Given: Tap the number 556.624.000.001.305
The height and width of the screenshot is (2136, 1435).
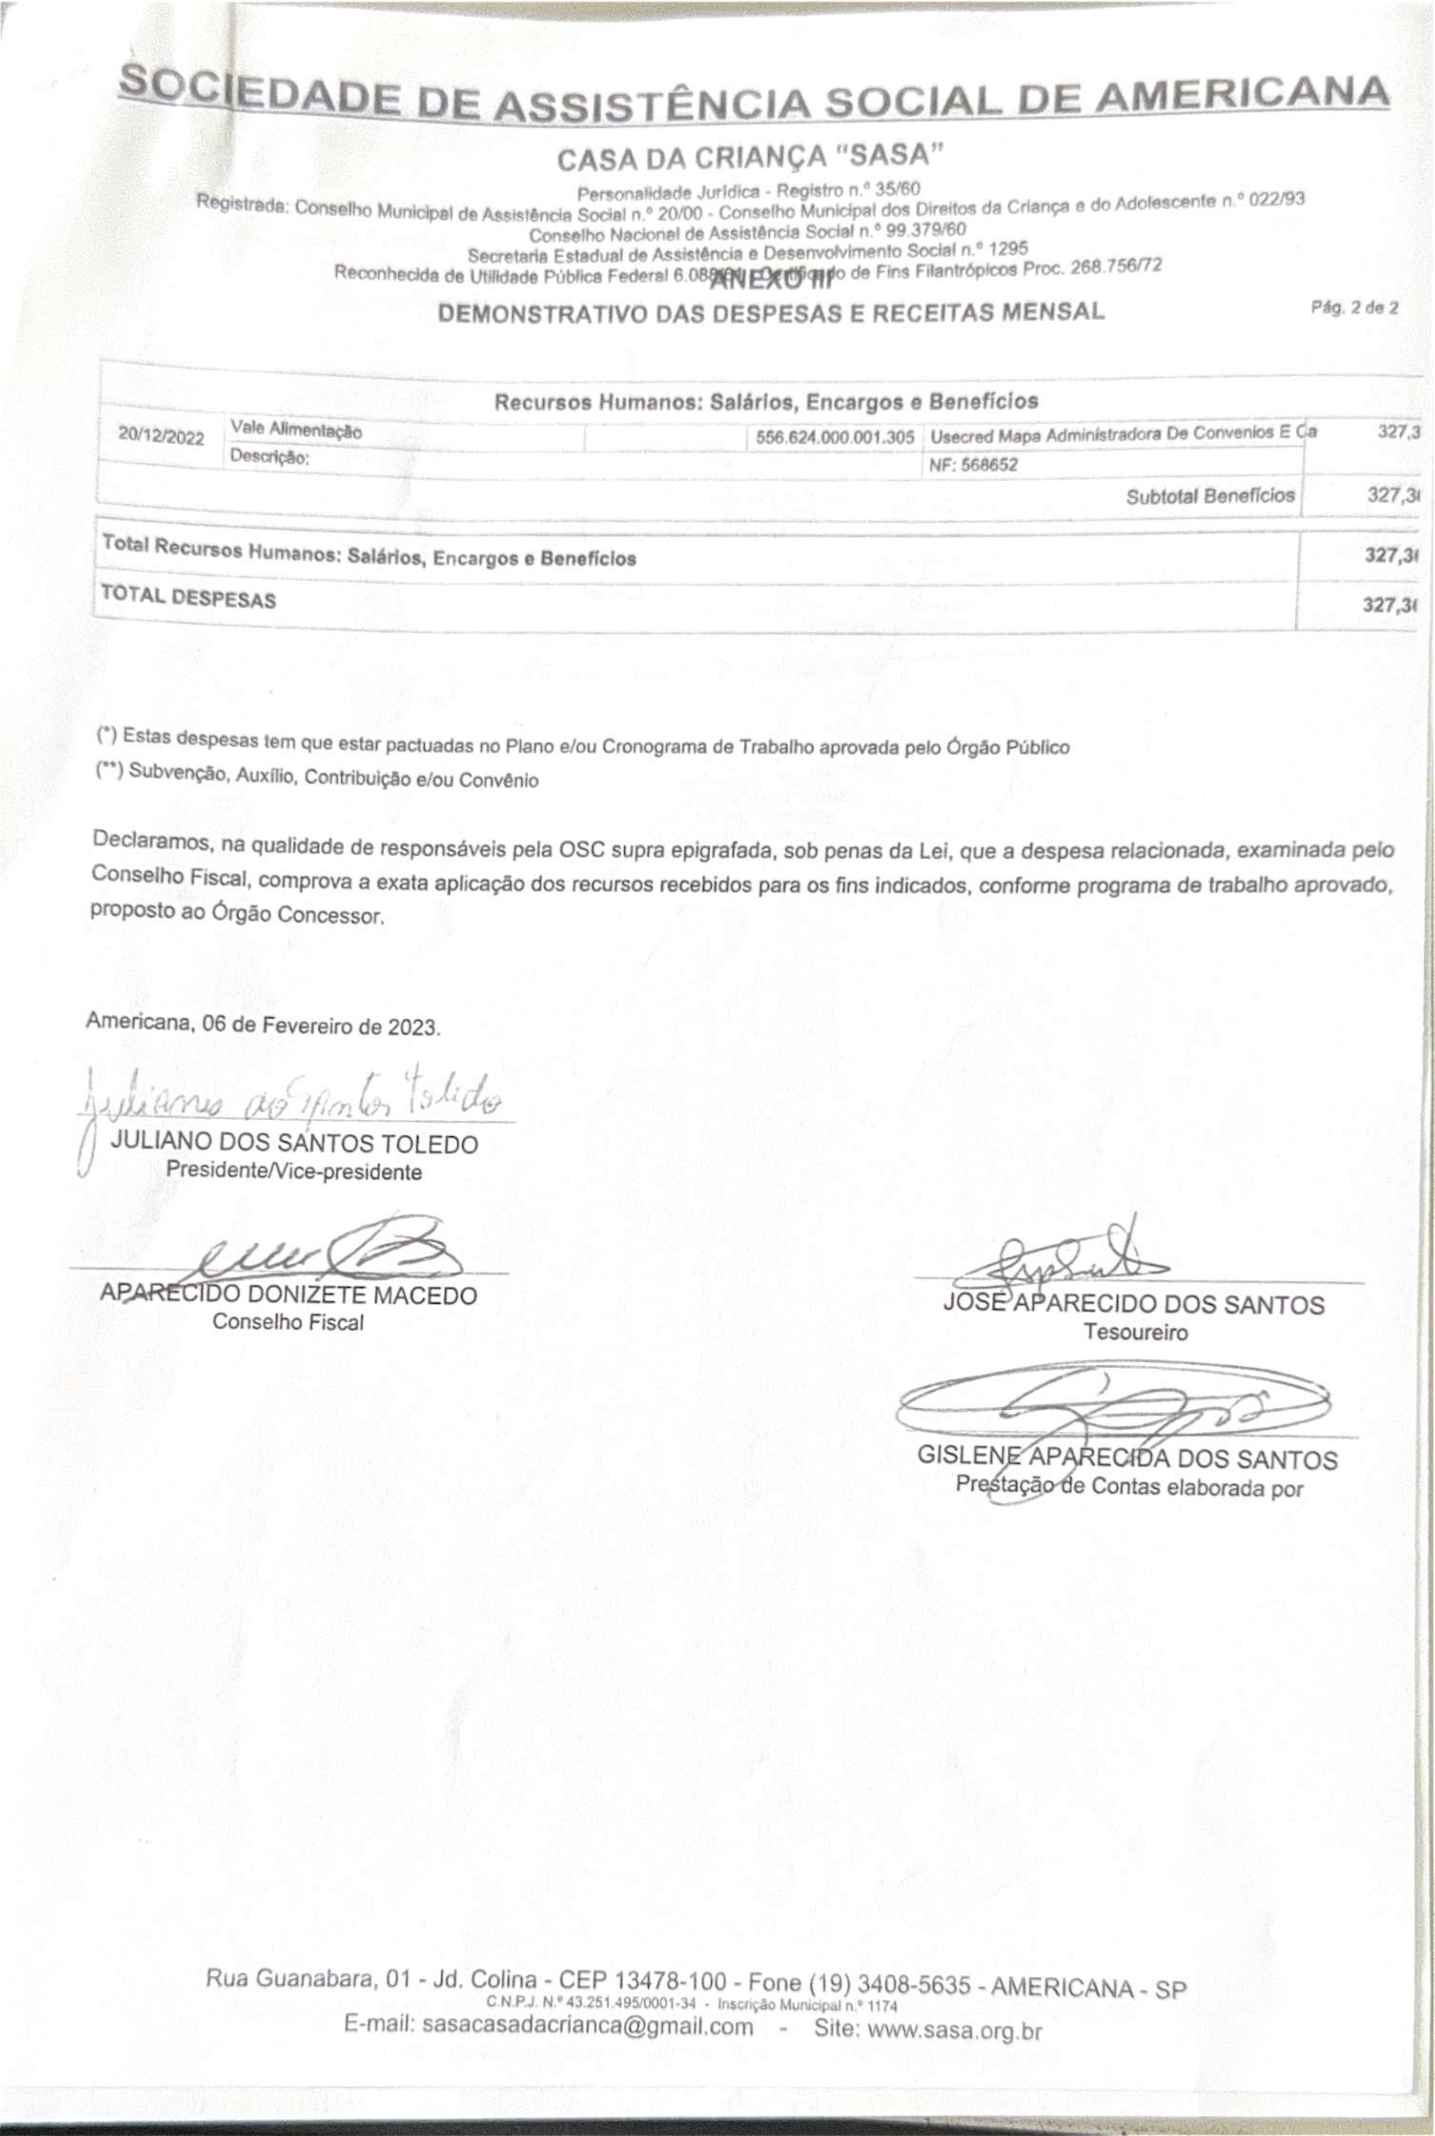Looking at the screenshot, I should point(835,437).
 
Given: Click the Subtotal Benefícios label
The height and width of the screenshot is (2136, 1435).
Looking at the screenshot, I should point(1210,496).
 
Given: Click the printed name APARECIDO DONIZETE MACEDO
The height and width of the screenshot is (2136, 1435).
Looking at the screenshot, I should point(288,1295).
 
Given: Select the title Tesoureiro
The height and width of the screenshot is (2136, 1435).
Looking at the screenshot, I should point(1136,1331).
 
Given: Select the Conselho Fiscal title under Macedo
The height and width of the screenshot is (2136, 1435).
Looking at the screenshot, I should point(288,1321).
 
